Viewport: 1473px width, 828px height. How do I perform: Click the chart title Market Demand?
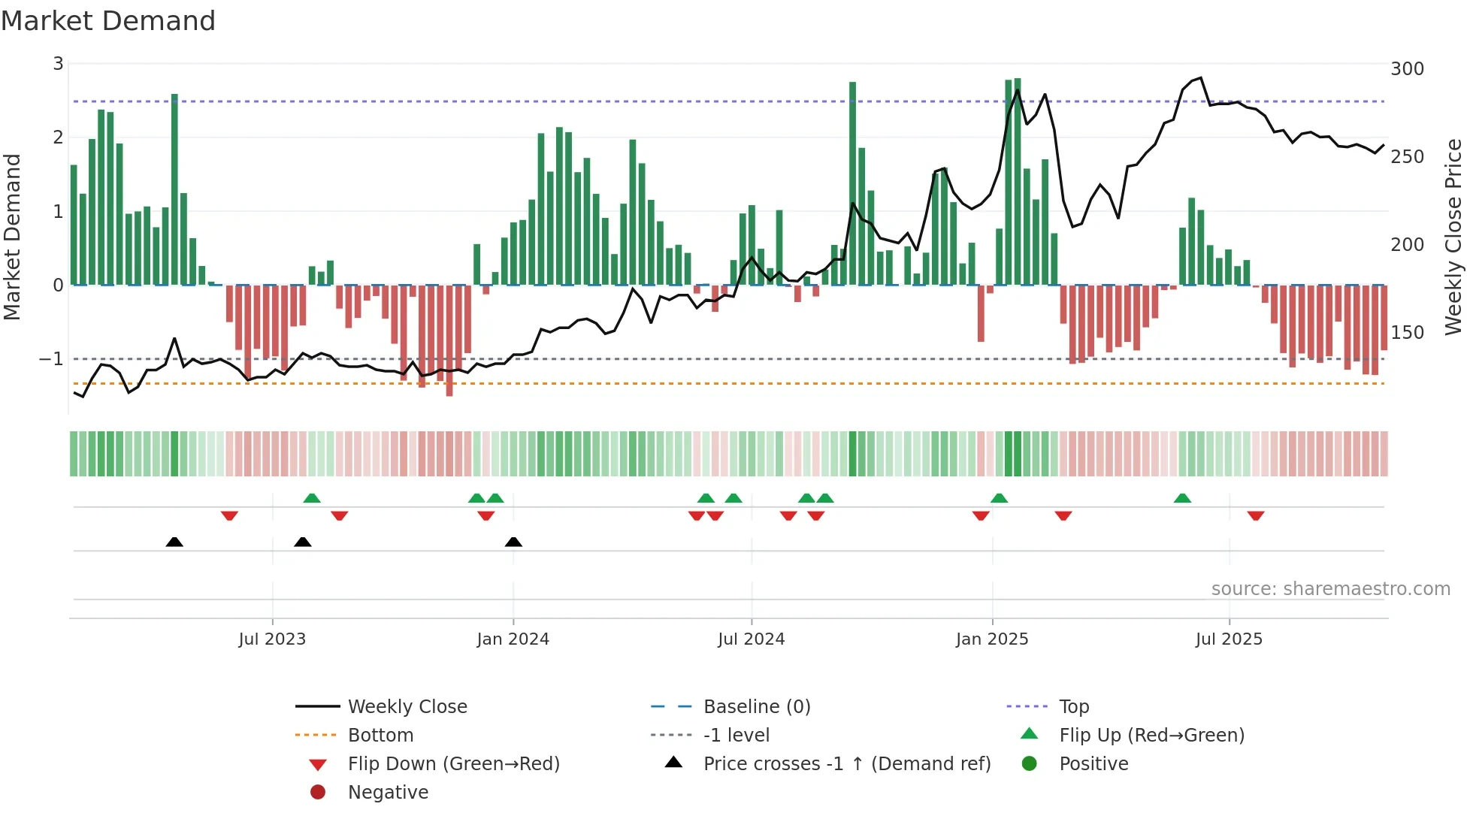(108, 21)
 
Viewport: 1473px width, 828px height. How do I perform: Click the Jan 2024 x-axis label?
(513, 639)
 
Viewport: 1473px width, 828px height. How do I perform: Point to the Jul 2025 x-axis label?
(1229, 639)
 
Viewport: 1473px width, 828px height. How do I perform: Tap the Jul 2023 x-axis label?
(272, 639)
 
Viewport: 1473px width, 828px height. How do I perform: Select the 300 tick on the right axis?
(1407, 69)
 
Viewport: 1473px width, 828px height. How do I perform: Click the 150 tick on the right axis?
(1407, 332)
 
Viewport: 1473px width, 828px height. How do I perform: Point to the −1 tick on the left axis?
(51, 359)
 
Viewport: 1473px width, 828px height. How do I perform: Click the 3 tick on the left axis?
(58, 64)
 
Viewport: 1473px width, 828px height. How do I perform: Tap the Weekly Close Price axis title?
(1453, 237)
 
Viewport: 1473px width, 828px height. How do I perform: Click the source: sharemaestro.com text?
(1330, 589)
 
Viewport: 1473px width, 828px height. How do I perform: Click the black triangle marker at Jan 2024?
(513, 542)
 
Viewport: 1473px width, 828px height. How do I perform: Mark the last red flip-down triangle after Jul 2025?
(1256, 515)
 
